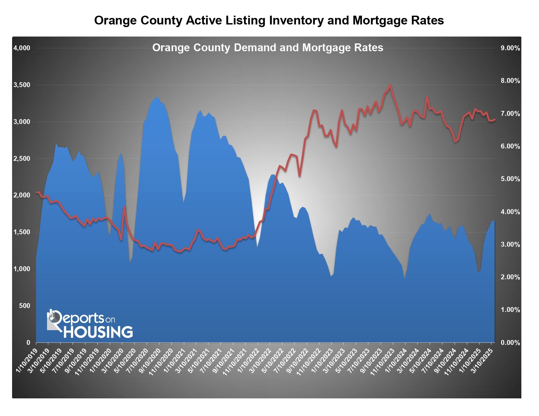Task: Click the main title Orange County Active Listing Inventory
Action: pyautogui.click(x=269, y=21)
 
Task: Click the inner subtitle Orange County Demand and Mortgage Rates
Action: pyautogui.click(x=268, y=48)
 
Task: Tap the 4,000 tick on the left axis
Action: pyautogui.click(x=22, y=48)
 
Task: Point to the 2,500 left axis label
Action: pyautogui.click(x=22, y=159)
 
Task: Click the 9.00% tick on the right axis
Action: pyautogui.click(x=510, y=48)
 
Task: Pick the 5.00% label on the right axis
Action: pyautogui.click(x=510, y=179)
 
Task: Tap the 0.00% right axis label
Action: pyautogui.click(x=510, y=343)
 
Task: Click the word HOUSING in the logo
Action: pyautogui.click(x=98, y=332)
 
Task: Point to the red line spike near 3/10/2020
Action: pyautogui.click(x=124, y=207)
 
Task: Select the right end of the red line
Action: pyautogui.click(x=495, y=119)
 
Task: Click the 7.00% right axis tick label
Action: pyautogui.click(x=510, y=114)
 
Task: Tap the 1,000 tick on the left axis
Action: pyautogui.click(x=22, y=269)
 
